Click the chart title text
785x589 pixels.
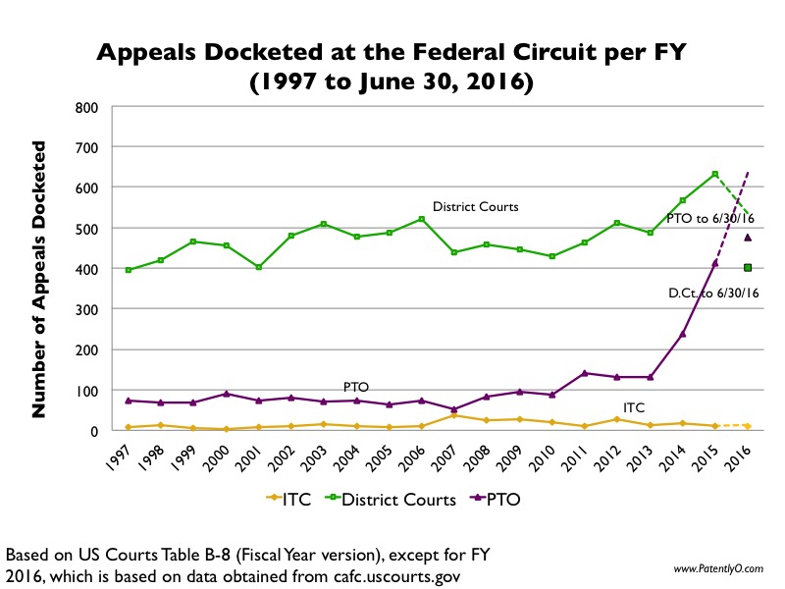point(392,67)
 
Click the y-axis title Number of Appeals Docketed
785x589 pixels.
point(39,280)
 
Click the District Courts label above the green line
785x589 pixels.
point(475,207)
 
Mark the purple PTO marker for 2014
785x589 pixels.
point(683,334)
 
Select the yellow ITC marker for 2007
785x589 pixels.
point(453,415)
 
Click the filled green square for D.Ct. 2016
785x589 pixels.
point(747,267)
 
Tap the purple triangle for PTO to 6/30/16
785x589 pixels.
point(747,237)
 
